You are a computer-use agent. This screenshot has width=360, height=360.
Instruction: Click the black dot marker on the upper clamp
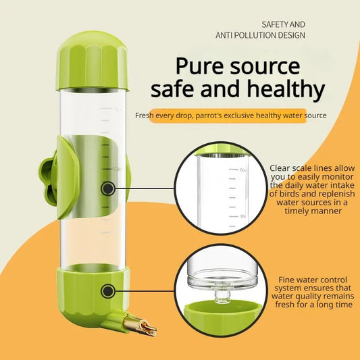[107, 188]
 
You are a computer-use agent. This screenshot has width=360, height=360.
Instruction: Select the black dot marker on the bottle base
[107, 291]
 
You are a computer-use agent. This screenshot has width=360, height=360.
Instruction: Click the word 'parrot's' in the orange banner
[223, 115]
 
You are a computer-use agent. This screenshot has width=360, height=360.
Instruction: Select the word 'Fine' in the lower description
[289, 278]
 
